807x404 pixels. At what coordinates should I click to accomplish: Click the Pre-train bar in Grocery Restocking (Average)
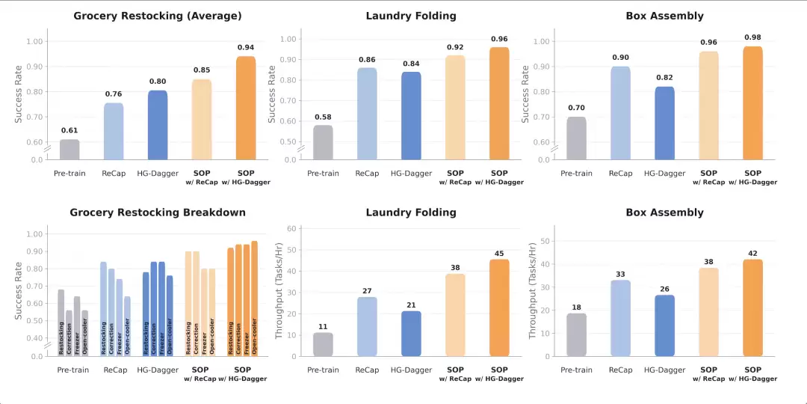(69, 150)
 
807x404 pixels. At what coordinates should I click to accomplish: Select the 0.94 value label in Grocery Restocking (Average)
(245, 47)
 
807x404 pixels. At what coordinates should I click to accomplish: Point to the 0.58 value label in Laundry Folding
(323, 117)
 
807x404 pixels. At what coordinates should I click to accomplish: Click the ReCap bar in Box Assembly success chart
(619, 113)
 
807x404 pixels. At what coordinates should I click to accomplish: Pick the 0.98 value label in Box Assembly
(752, 37)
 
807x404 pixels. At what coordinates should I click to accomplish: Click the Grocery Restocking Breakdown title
(158, 212)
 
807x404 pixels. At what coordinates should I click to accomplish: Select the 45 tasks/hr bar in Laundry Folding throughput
(499, 307)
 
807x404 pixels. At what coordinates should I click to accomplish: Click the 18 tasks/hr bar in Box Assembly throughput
(576, 334)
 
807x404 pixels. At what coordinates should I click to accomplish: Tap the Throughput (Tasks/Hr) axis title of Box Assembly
(533, 290)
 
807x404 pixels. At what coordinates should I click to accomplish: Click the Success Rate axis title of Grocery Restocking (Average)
(19, 94)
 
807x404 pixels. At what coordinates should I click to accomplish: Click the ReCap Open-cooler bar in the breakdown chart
(127, 326)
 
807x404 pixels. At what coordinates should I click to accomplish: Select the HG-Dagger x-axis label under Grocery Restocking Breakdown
(158, 370)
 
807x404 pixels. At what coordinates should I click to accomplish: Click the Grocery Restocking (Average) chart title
(158, 16)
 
